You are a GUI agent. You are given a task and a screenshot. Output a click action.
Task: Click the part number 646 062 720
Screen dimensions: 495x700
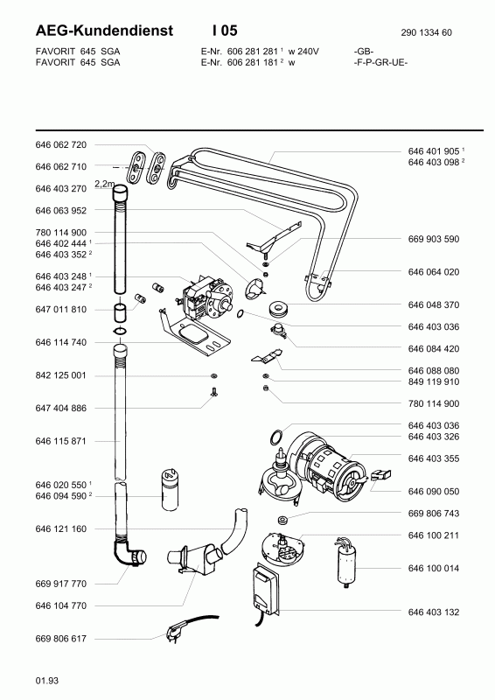pyautogui.click(x=60, y=144)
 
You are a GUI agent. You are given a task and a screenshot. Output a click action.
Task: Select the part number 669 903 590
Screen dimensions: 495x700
pyautogui.click(x=434, y=239)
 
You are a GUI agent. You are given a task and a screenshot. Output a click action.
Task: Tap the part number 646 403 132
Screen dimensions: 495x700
pyautogui.click(x=434, y=612)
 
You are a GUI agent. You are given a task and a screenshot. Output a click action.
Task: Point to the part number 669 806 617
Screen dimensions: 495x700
pyautogui.click(x=60, y=639)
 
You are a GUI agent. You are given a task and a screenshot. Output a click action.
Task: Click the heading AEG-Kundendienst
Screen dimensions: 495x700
pyautogui.click(x=104, y=31)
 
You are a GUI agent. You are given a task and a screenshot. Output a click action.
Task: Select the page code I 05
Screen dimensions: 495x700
pyautogui.click(x=225, y=31)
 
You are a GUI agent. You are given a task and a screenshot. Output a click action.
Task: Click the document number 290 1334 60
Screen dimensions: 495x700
pyautogui.click(x=426, y=32)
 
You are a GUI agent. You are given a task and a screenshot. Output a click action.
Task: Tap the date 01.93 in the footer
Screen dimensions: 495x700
pyautogui.click(x=46, y=681)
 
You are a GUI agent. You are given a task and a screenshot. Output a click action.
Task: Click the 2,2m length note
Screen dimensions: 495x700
pyautogui.click(x=104, y=183)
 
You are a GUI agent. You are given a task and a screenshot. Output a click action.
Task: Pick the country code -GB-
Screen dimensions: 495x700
pyautogui.click(x=363, y=52)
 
